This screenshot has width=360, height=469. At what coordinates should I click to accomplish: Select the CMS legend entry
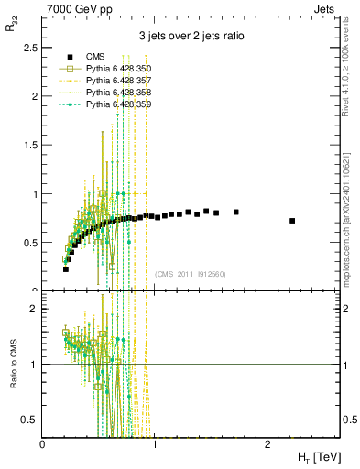94,57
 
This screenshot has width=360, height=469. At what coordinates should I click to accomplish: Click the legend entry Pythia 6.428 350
118,69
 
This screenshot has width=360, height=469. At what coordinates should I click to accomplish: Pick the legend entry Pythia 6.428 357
118,81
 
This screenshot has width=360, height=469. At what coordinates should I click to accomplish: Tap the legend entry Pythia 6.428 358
118,93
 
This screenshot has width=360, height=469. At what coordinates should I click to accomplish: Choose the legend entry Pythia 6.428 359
118,104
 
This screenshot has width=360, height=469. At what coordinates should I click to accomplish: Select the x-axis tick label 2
266,444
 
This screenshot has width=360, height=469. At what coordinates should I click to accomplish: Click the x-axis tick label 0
43,444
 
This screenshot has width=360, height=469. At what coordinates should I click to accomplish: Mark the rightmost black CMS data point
292,221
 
